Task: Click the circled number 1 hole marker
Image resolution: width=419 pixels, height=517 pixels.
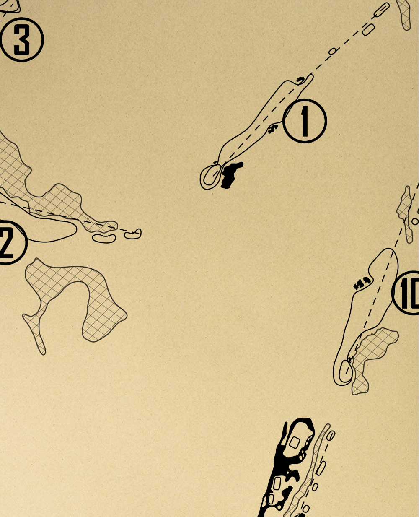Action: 305,121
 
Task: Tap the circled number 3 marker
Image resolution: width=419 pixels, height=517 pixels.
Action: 22,39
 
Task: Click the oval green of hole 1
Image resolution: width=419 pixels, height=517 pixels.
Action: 211,177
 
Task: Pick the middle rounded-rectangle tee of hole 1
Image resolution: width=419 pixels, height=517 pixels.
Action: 368,29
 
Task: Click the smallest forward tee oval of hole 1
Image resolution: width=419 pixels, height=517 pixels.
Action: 333,51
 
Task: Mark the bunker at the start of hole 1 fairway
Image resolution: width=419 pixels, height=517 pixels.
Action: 300,79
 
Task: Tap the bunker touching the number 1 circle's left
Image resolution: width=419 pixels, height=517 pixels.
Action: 273,128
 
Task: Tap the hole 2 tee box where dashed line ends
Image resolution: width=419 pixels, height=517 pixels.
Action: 133,234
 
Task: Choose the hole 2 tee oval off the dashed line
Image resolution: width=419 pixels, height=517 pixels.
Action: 104,239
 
